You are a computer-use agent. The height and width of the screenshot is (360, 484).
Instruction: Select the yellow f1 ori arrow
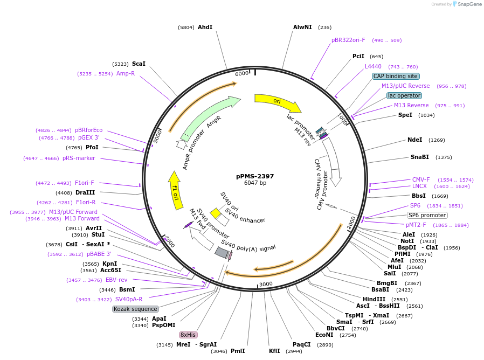(x=175, y=190)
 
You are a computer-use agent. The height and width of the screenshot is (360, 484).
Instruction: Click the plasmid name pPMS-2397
(x=255, y=176)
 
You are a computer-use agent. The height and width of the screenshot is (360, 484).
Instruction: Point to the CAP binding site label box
(x=396, y=76)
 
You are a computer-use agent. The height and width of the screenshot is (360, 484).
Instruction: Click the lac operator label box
(x=404, y=95)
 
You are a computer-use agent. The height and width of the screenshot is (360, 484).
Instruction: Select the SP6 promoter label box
(x=427, y=215)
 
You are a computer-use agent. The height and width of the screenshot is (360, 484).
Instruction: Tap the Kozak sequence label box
(x=136, y=309)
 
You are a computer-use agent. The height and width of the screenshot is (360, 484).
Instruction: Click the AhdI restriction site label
(x=205, y=27)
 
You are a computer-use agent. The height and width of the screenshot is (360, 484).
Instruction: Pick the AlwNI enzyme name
(x=302, y=27)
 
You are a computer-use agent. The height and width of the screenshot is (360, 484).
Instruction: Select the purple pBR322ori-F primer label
(x=348, y=40)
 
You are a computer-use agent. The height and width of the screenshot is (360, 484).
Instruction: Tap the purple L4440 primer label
(x=373, y=66)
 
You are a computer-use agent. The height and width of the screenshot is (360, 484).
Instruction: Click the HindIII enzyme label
(x=374, y=299)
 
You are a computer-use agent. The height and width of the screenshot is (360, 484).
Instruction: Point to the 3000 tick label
(x=266, y=284)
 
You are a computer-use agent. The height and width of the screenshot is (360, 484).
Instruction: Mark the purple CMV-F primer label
(x=421, y=179)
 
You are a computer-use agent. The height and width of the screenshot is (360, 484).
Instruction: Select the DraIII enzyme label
(x=85, y=192)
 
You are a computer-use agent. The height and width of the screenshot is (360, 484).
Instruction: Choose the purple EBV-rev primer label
(x=116, y=280)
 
